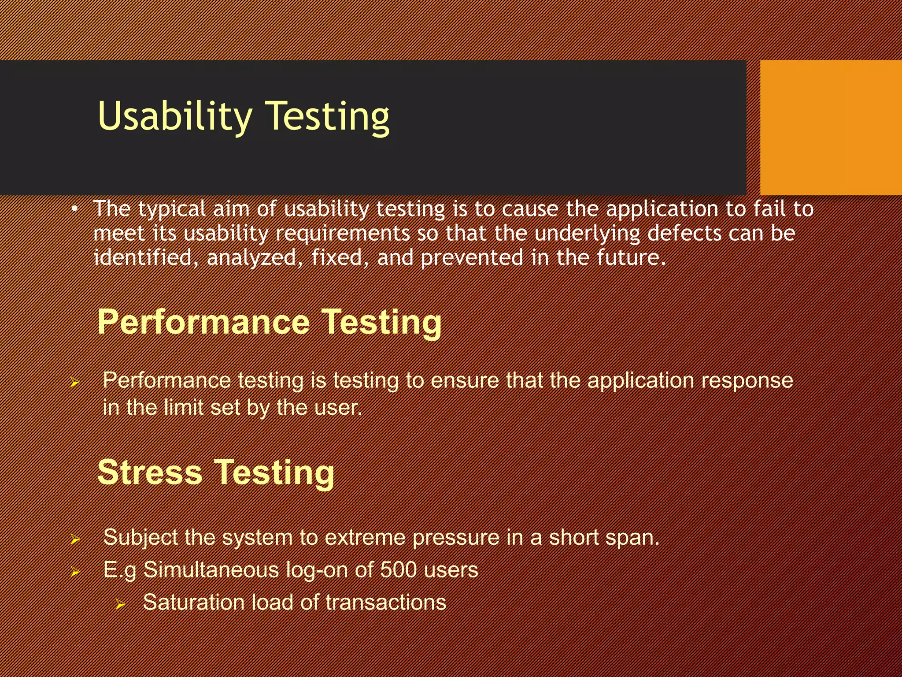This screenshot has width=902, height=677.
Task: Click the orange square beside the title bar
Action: [x=831, y=127]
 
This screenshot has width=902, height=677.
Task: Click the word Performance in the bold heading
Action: [x=203, y=322]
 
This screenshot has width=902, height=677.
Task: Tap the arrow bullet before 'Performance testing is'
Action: [x=75, y=382]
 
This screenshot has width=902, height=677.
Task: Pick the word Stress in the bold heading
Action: [x=149, y=472]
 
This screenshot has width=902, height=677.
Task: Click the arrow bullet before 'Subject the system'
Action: [x=75, y=539]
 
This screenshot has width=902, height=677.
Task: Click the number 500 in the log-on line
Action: [x=398, y=570]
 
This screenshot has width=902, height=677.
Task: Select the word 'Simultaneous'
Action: [x=211, y=570]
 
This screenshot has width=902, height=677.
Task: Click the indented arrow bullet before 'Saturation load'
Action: [x=121, y=604]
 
